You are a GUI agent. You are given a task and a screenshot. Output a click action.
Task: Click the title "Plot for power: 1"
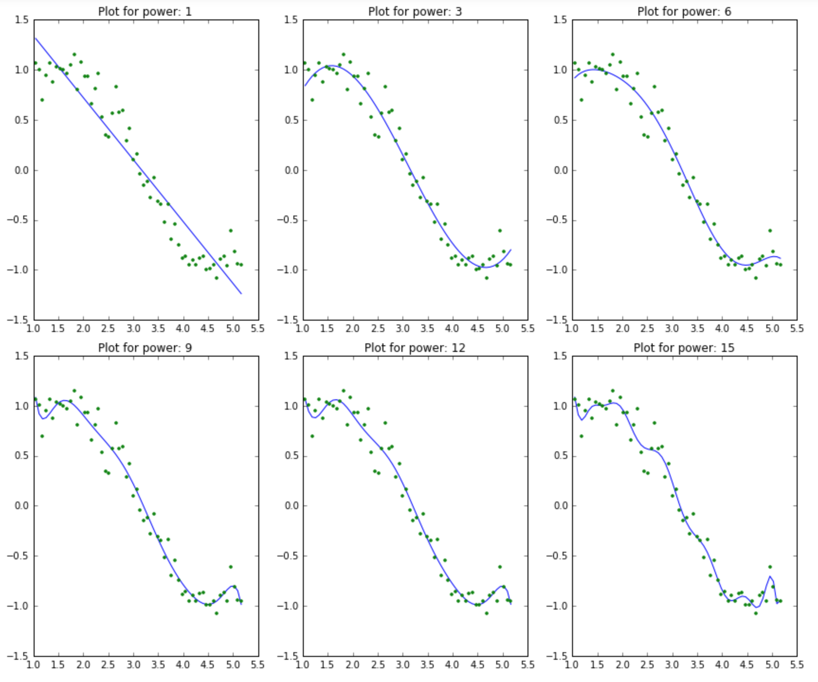(x=145, y=11)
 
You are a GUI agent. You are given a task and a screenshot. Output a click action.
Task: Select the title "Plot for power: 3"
(x=415, y=11)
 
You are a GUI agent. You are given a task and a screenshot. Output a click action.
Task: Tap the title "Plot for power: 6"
(x=684, y=11)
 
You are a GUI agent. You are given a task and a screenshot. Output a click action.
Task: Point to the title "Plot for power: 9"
(x=145, y=348)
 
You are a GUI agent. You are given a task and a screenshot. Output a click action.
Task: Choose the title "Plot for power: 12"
(x=415, y=348)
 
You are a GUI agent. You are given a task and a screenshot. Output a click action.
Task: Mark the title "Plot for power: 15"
(x=684, y=348)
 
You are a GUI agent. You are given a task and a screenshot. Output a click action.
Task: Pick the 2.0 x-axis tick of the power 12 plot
(x=353, y=665)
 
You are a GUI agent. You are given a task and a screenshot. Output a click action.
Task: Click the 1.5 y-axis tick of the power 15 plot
(x=560, y=356)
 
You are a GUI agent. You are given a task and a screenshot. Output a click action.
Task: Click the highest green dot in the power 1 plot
(x=74, y=54)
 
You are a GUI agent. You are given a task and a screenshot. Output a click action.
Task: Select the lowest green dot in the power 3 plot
(x=486, y=278)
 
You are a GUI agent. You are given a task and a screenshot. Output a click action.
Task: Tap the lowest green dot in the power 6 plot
(x=755, y=278)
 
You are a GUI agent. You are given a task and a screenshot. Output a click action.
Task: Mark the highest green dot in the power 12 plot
(x=344, y=391)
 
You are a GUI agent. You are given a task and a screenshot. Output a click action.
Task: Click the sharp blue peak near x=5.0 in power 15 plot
(x=770, y=576)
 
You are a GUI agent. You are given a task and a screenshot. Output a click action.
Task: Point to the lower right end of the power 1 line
(x=241, y=294)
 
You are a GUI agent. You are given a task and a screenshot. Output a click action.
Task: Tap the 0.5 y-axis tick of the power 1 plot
(x=22, y=120)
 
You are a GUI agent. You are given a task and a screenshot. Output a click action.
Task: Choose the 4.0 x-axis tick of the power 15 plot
(x=722, y=665)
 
